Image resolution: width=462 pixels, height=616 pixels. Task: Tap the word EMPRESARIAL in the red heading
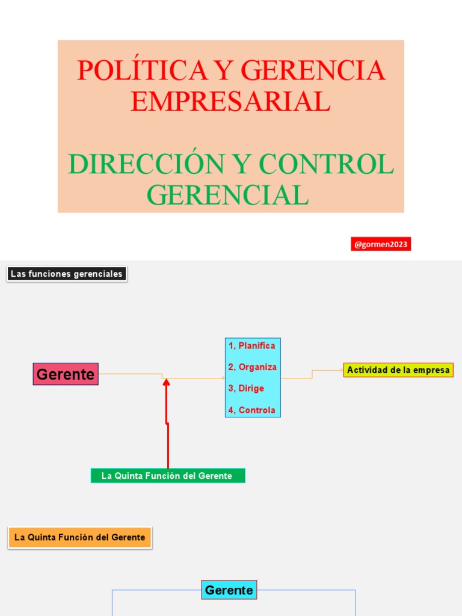(230, 101)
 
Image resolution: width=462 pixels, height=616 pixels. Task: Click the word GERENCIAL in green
(228, 195)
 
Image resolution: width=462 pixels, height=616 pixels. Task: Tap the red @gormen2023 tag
(381, 244)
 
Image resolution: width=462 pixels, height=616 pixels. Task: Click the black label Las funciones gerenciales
(67, 274)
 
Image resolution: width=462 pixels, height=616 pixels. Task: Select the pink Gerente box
(66, 374)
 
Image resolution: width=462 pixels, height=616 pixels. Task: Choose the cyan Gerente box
(229, 590)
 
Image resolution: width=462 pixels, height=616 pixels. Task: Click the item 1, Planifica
(251, 346)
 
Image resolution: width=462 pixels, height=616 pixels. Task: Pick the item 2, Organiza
(252, 367)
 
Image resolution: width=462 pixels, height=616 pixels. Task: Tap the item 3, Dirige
(246, 389)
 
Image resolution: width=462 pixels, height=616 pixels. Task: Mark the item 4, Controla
(251, 410)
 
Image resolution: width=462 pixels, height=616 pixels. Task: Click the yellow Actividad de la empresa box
(398, 370)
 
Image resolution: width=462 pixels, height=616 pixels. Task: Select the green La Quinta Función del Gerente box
(167, 476)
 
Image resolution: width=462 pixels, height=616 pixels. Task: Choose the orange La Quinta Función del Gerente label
(79, 537)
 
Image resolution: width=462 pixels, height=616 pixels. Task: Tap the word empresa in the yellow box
(434, 370)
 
